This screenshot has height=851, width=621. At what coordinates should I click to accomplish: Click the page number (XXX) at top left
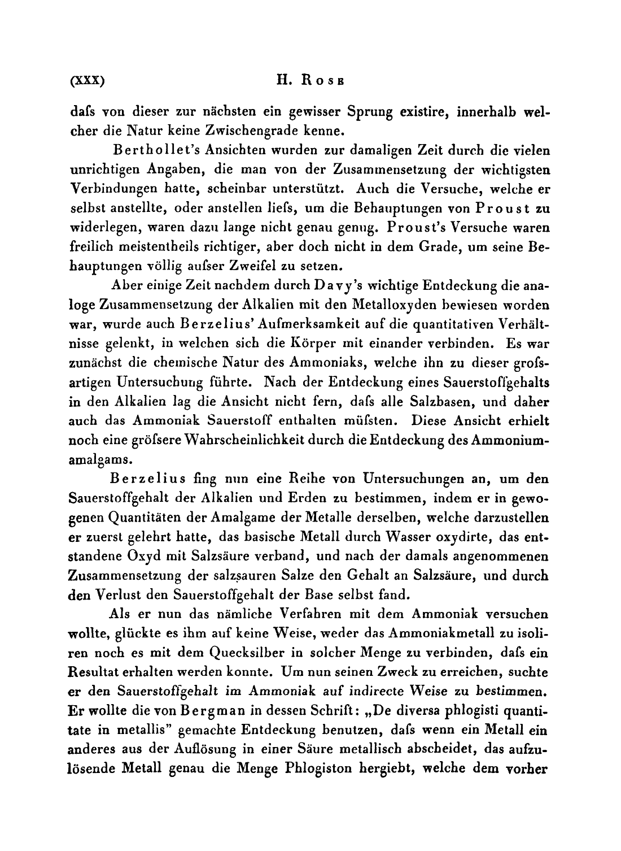[86, 81]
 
